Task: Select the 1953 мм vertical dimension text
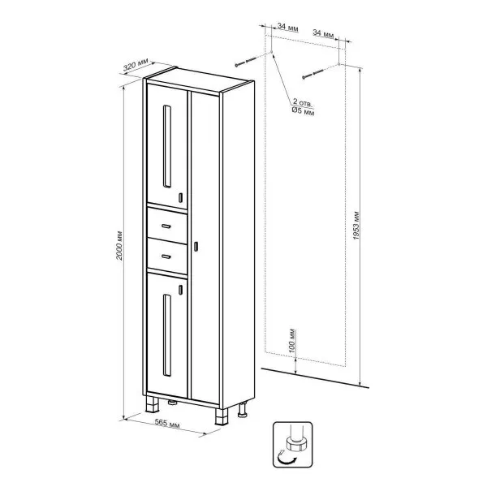[358, 222]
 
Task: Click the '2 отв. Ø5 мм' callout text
[304, 108]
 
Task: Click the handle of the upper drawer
[167, 225]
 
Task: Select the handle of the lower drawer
[167, 257]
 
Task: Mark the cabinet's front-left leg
[150, 403]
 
